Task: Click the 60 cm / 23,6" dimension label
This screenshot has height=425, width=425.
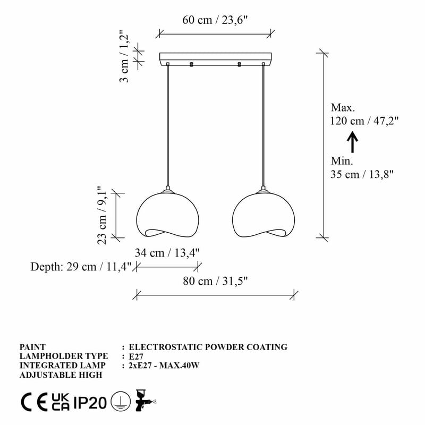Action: pyautogui.click(x=215, y=20)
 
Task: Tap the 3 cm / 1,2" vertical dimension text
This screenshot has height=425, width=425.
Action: pyautogui.click(x=124, y=57)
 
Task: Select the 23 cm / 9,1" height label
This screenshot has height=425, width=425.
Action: pyautogui.click(x=103, y=215)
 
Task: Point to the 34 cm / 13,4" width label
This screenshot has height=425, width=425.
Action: pyautogui.click(x=167, y=252)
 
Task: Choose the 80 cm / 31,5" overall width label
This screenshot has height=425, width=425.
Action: pyautogui.click(x=216, y=281)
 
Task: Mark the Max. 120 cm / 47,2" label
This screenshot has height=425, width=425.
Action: pyautogui.click(x=364, y=114)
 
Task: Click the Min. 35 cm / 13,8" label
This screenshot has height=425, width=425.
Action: pyautogui.click(x=361, y=167)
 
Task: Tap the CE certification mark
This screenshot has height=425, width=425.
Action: pyautogui.click(x=32, y=404)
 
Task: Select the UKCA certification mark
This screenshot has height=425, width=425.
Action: pyautogui.click(x=60, y=404)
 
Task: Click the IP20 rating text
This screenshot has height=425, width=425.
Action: pyautogui.click(x=90, y=404)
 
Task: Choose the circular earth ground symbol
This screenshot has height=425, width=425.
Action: pyautogui.click(x=121, y=404)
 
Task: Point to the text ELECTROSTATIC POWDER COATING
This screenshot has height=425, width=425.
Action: pyautogui.click(x=208, y=347)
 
